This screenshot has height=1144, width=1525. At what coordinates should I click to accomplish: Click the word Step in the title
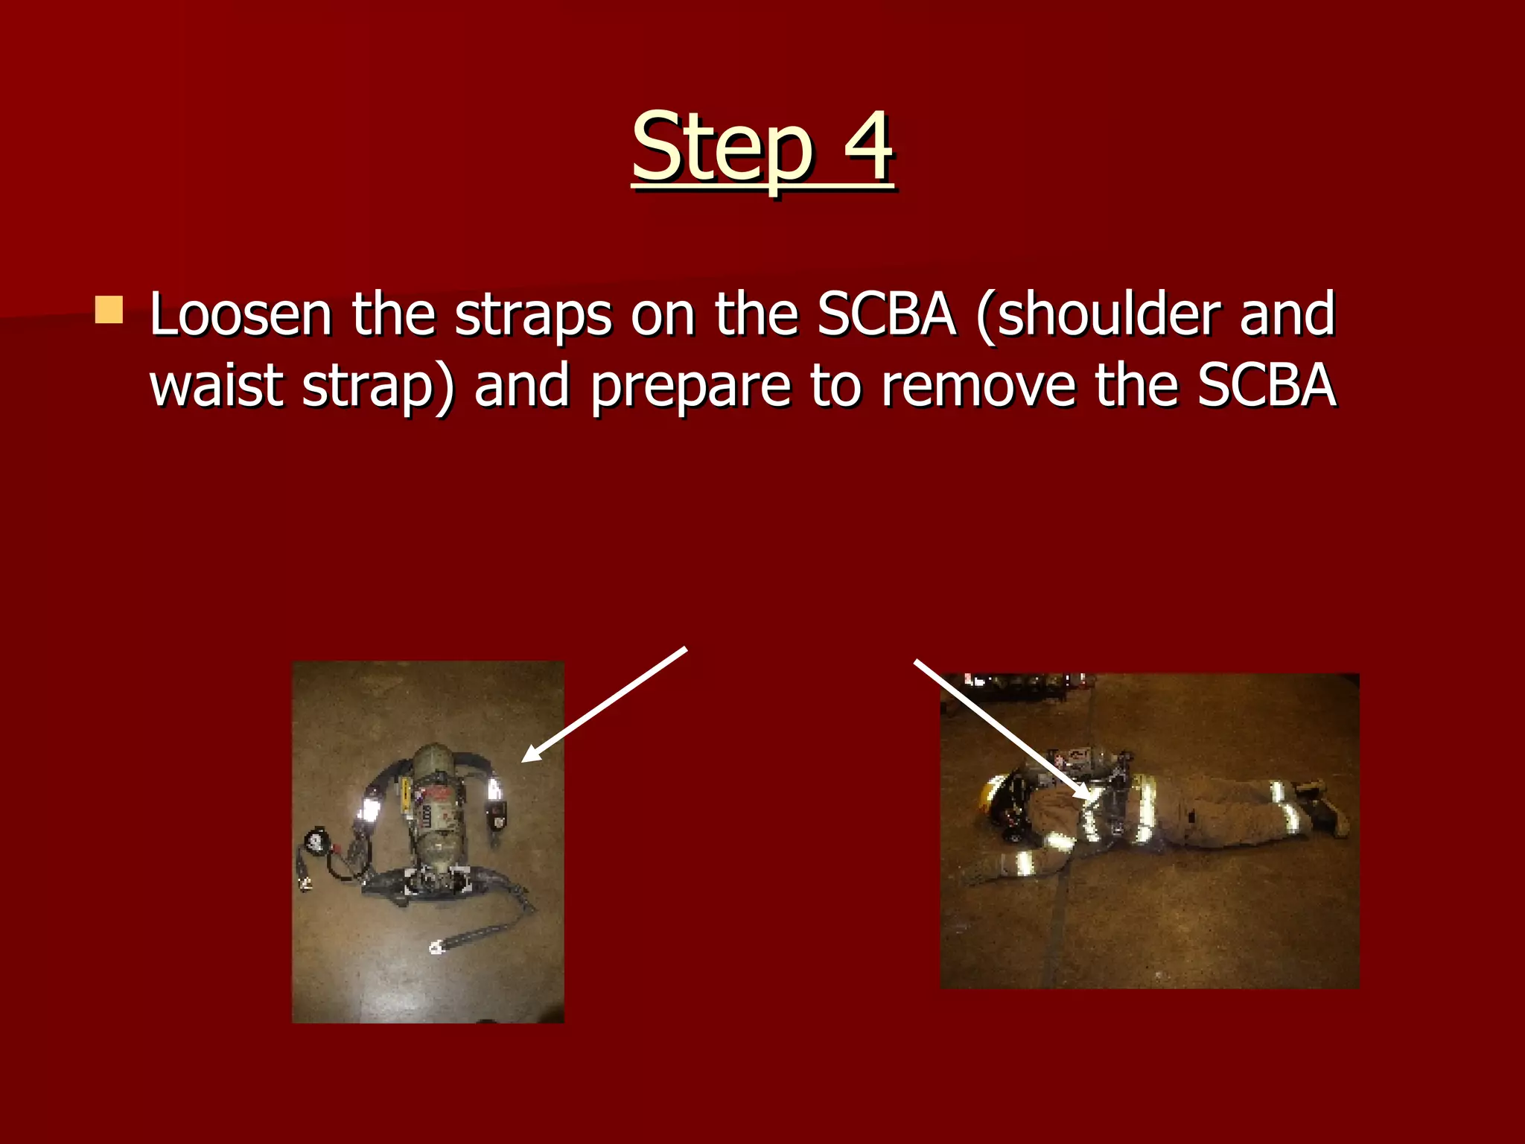(x=722, y=147)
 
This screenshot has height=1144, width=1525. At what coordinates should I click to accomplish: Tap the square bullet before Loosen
(x=109, y=310)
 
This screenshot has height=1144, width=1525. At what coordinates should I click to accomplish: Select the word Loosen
(x=241, y=315)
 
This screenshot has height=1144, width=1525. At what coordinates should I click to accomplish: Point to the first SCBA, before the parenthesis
(x=886, y=315)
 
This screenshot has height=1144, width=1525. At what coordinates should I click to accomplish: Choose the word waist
(x=216, y=386)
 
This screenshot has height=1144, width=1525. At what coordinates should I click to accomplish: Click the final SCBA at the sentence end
(x=1267, y=386)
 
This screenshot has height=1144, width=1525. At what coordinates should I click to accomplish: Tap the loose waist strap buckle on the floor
(x=436, y=947)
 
